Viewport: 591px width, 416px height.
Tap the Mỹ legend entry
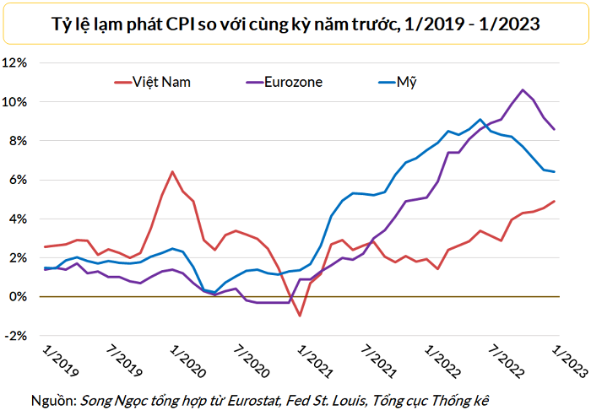[x=407, y=82]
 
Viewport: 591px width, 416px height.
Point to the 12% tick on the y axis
[x=17, y=63]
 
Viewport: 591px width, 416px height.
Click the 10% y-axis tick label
[x=17, y=102]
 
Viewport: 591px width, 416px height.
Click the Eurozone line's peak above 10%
[x=523, y=90]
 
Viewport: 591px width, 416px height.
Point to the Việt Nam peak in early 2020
[x=172, y=172]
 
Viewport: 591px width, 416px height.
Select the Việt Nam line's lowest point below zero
[x=300, y=316]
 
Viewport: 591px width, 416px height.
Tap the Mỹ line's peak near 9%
[x=480, y=120]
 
